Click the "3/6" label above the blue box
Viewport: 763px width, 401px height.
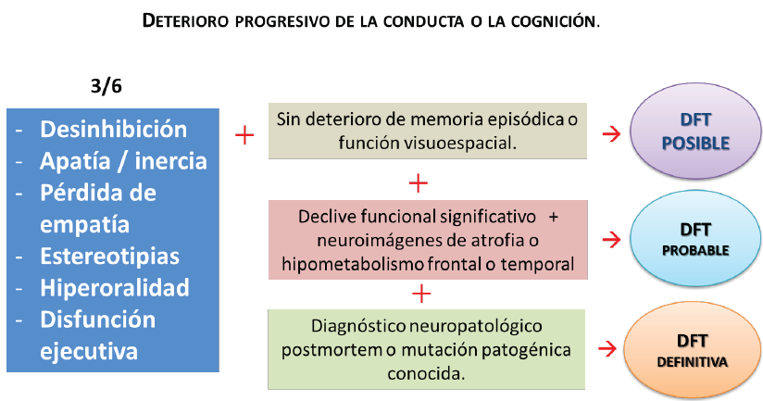[x=106, y=86]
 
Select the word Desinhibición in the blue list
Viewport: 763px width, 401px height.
[x=113, y=129]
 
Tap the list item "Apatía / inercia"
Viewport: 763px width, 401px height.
[x=123, y=161]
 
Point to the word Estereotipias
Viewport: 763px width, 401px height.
[x=109, y=256]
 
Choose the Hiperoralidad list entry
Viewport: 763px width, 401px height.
[x=114, y=287]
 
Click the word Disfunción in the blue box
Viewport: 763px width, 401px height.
[x=97, y=320]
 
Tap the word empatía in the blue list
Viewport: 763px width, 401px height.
[x=81, y=224]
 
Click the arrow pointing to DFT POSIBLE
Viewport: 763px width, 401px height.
[x=610, y=134]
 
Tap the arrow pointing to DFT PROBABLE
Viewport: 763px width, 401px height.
[x=610, y=241]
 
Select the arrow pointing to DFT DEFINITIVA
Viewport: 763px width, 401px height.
[x=610, y=349]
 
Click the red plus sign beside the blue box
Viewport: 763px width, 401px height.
[x=244, y=136]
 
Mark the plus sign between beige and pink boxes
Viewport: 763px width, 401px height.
[x=419, y=182]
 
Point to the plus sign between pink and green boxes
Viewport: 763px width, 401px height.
[x=421, y=294]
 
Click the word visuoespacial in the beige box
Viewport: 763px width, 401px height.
[x=460, y=143]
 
